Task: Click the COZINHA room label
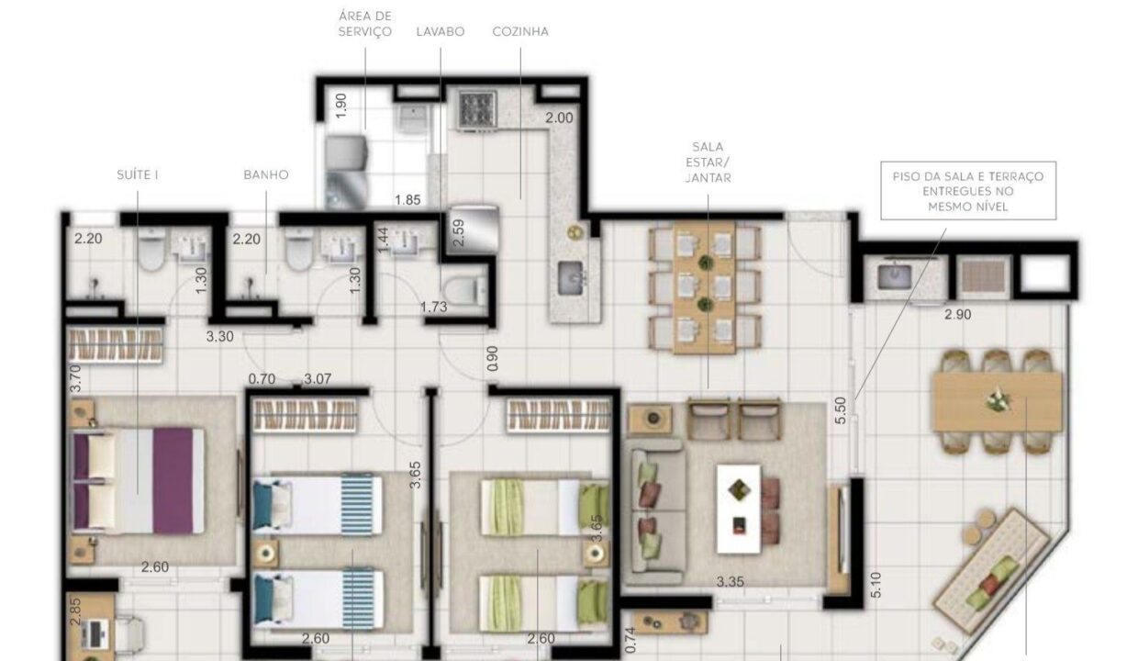pyautogui.click(x=520, y=31)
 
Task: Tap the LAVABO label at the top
pyautogui.click(x=441, y=31)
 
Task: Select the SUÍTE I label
pyautogui.click(x=137, y=174)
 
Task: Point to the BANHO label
pyautogui.click(x=266, y=174)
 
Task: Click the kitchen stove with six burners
pyautogui.click(x=477, y=108)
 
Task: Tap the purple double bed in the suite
pyautogui.click(x=139, y=481)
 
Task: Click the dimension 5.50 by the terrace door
pyautogui.click(x=841, y=410)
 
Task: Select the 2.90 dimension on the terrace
pyautogui.click(x=957, y=315)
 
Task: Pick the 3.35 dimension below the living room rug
pyautogui.click(x=730, y=581)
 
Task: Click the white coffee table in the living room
pyautogui.click(x=739, y=509)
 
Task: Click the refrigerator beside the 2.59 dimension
pyautogui.click(x=473, y=229)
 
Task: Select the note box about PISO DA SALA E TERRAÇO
pyautogui.click(x=968, y=191)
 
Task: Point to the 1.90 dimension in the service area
pyautogui.click(x=341, y=106)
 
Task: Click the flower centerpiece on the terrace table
pyautogui.click(x=998, y=399)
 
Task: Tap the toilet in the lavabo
pyautogui.click(x=465, y=289)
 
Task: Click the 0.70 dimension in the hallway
pyautogui.click(x=262, y=379)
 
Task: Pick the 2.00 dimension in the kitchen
pyautogui.click(x=559, y=118)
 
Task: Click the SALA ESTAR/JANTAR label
pyautogui.click(x=708, y=162)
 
